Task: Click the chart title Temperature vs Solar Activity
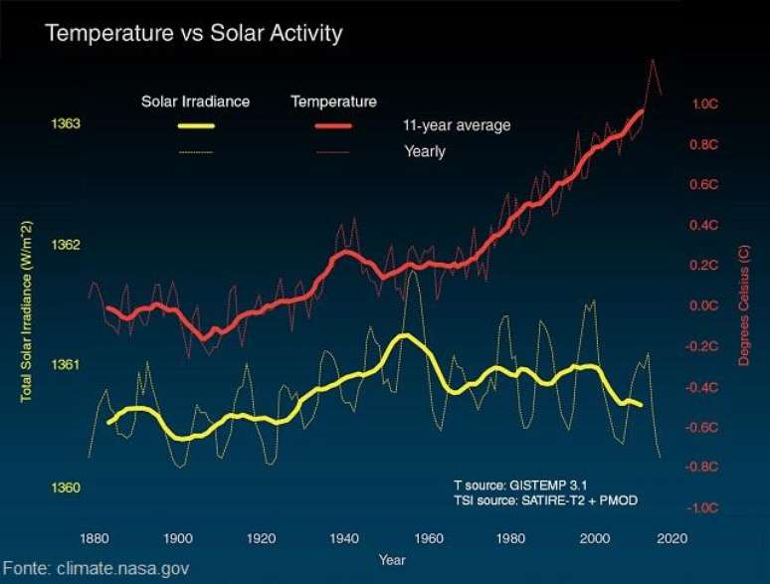[x=193, y=33]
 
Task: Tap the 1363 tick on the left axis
[x=65, y=124]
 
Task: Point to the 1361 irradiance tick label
[x=65, y=365]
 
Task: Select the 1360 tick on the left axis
[x=65, y=487]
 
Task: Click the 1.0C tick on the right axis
[x=704, y=103]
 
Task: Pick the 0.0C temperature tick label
[x=704, y=306]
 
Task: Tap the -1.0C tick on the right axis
[x=703, y=508]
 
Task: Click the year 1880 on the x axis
[x=96, y=538]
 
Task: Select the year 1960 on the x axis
[x=428, y=538]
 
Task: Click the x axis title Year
[x=392, y=561]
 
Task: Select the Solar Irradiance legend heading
[x=195, y=101]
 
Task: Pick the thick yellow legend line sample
[x=196, y=126]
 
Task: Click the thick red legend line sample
[x=333, y=126]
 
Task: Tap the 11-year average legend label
[x=457, y=126]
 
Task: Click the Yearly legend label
[x=425, y=152]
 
